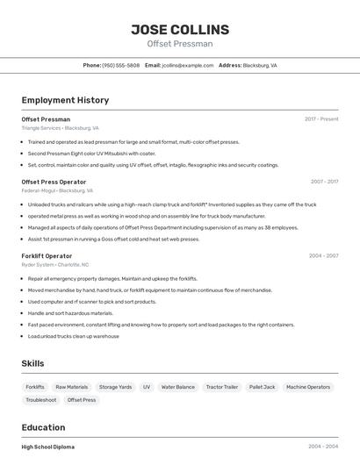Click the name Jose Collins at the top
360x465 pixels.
180,30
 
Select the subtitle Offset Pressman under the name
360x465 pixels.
180,44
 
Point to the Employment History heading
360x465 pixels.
65,100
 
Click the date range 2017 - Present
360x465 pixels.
321,118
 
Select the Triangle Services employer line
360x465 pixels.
60,127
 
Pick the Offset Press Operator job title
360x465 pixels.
54,182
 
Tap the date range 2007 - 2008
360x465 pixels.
324,182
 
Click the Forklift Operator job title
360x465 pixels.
47,255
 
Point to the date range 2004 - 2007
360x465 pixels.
323,255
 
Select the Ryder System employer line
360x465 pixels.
54,264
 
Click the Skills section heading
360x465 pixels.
33,363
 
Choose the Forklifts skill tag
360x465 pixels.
35,387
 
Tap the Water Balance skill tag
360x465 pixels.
178,387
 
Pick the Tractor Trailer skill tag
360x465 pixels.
222,387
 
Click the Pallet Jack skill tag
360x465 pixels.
262,387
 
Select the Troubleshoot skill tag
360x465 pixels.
41,400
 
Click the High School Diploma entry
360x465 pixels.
47,447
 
